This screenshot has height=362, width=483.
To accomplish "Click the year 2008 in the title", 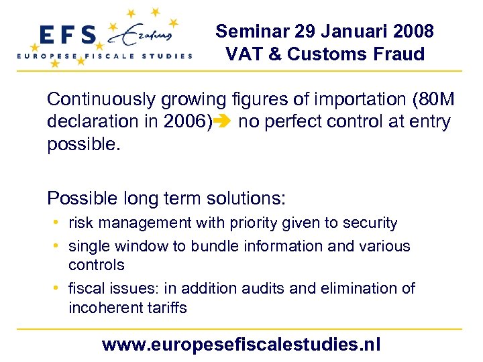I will (x=413, y=32).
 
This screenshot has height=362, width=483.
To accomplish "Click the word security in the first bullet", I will (x=372, y=223).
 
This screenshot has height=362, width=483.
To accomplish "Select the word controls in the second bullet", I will (x=96, y=265).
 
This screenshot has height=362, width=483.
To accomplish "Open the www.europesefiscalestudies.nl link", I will (x=241, y=345).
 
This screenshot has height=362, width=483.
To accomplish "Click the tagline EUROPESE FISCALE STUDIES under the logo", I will (x=105, y=56).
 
